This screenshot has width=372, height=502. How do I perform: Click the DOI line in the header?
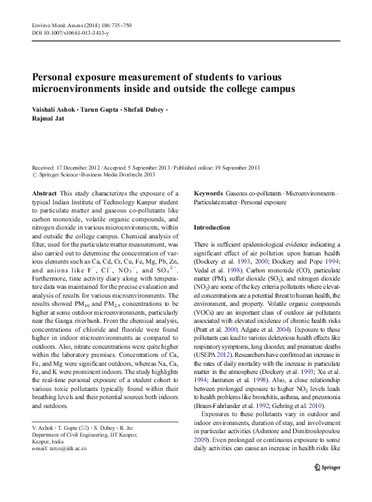[65, 32]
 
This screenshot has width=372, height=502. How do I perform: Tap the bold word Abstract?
[44, 194]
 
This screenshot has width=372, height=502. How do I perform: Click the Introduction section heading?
[212, 228]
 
